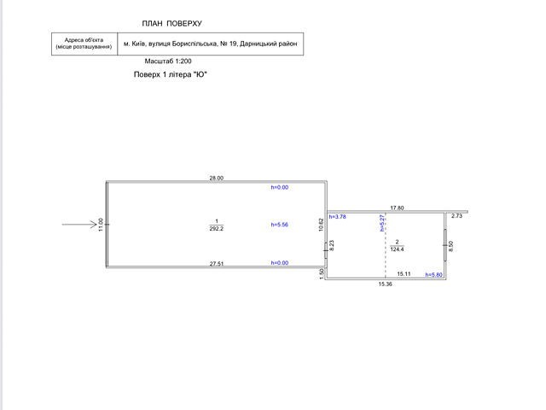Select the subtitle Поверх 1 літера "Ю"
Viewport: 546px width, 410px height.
pos(170,75)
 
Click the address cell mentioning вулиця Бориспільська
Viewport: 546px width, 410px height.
pos(210,43)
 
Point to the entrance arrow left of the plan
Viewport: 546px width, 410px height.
pos(79,225)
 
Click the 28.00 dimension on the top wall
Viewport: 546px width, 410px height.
pos(216,178)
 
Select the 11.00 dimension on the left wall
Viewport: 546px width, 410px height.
pos(100,225)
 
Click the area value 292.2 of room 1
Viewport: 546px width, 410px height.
pos(216,229)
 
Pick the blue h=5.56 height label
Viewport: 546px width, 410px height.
pos(280,225)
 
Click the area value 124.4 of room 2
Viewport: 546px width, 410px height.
pos(398,249)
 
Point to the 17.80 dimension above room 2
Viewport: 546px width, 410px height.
pos(397,207)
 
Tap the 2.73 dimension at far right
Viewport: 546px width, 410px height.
pos(456,217)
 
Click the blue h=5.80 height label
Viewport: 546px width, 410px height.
pos(434,274)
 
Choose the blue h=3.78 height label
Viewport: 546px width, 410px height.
pos(336,217)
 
